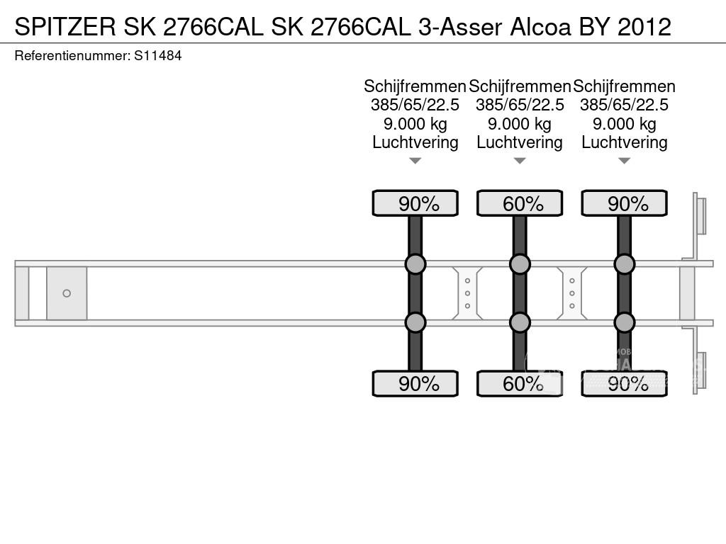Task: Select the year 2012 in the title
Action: tap(644, 27)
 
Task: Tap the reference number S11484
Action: tap(158, 55)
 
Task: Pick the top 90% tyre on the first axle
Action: tap(415, 204)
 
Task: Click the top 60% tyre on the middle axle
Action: tap(520, 204)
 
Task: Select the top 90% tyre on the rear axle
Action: tap(624, 204)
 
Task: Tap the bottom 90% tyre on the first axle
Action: tap(415, 384)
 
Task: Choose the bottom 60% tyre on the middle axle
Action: tap(520, 384)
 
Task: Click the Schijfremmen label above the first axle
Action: tap(415, 86)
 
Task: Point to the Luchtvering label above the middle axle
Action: tap(520, 142)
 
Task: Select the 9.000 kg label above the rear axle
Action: tap(624, 124)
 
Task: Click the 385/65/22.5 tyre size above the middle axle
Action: tap(520, 105)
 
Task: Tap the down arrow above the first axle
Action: tap(415, 161)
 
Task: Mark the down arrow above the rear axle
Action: tap(624, 161)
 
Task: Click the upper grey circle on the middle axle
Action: tap(520, 264)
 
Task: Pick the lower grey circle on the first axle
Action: tap(415, 323)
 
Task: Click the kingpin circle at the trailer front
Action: tap(67, 293)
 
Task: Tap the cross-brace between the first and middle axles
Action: tap(468, 293)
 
